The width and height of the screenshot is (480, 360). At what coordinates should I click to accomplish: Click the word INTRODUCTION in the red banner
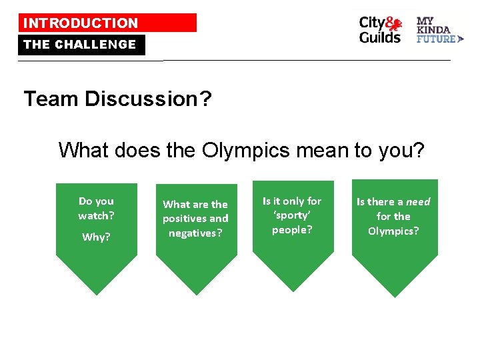81,23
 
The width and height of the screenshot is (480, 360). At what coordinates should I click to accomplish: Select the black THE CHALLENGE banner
80,45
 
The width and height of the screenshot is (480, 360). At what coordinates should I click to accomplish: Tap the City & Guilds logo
381,29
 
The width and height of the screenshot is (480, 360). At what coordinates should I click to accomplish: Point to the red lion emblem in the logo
395,25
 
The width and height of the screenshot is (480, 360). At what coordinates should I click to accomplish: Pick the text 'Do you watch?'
96,208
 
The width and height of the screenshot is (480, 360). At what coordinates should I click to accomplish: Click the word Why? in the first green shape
96,237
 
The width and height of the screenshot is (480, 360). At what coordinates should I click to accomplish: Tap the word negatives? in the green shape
195,233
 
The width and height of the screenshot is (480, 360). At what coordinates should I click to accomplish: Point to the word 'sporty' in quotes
292,215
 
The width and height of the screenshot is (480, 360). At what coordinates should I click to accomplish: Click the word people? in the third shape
292,230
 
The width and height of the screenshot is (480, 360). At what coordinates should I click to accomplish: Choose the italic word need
419,202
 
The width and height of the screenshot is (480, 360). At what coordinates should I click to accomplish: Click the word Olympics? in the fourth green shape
393,231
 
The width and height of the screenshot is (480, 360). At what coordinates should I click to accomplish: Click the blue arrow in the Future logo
461,39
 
